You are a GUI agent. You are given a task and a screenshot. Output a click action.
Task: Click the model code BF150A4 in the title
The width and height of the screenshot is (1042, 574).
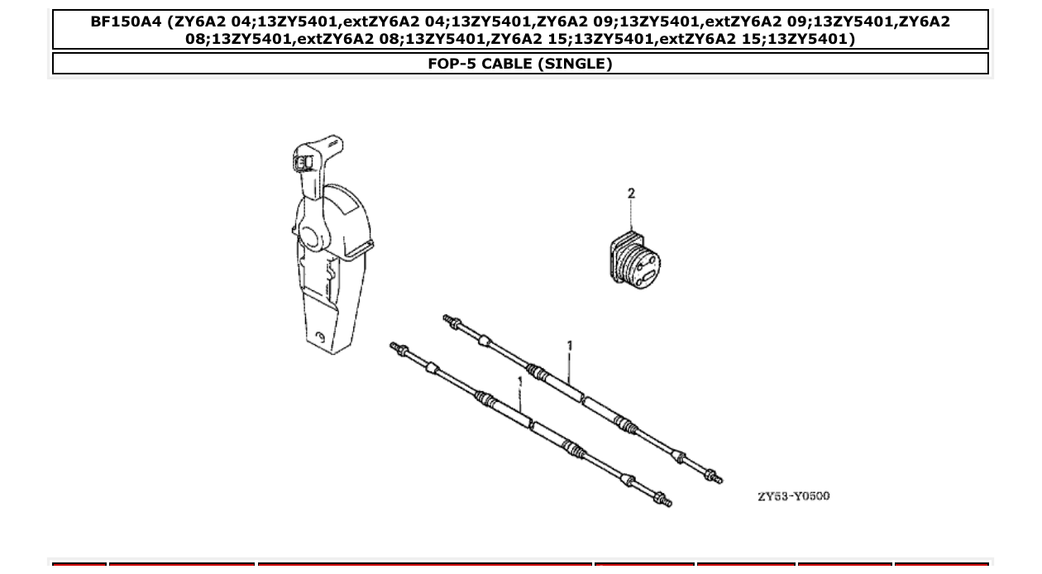(126, 22)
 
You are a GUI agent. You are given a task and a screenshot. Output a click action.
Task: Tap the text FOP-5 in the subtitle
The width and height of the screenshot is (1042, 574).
(450, 64)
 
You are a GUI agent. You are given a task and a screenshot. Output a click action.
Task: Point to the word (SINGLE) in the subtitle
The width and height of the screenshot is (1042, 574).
(576, 64)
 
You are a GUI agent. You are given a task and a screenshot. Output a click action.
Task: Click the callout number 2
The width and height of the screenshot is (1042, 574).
(632, 194)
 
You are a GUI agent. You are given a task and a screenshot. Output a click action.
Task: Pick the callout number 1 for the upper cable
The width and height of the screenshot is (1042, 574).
(569, 346)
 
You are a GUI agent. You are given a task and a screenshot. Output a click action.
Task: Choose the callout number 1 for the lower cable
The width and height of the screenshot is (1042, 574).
(519, 382)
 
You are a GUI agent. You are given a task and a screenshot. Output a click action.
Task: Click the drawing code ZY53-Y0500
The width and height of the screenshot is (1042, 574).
(793, 496)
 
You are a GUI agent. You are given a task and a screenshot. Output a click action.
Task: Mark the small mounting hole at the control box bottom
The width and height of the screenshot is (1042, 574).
(322, 337)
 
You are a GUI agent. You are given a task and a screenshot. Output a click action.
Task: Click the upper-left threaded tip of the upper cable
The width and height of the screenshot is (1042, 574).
(449, 319)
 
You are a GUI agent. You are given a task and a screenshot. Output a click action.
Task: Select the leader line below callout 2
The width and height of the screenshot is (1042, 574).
(632, 216)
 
